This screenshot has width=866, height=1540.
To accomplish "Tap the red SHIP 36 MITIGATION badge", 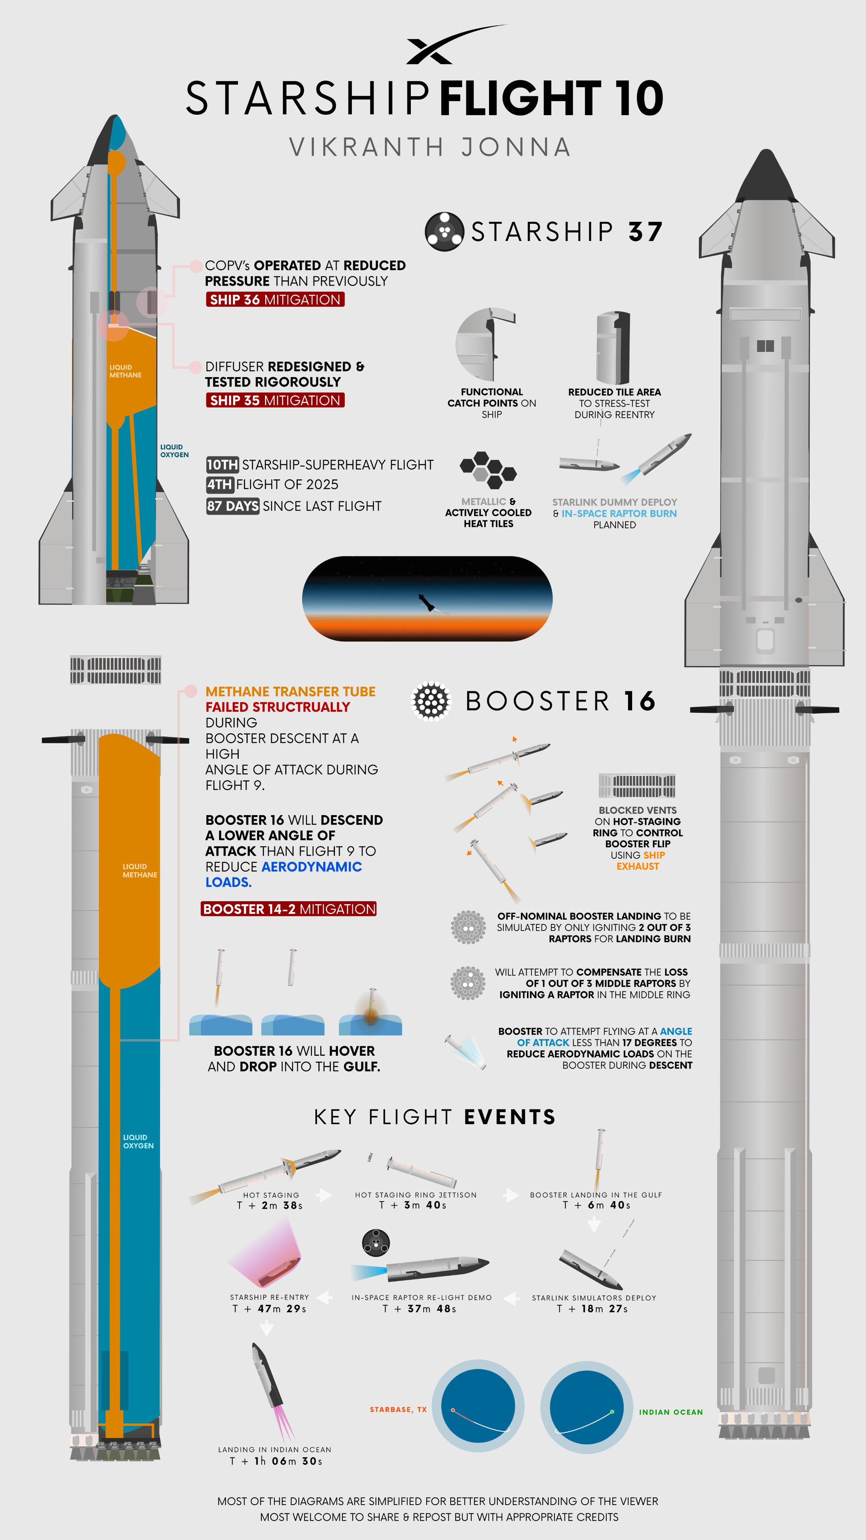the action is pos(275,300).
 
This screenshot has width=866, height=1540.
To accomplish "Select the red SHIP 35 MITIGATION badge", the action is pos(275,400).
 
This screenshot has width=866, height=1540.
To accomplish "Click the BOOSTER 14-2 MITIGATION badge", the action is pos(289,909).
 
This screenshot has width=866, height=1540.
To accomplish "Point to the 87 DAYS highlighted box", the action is pos(233,506).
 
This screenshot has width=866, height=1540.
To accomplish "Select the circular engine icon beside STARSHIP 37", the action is pos(444,231).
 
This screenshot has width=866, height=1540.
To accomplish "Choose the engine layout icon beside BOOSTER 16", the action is pos(431,701).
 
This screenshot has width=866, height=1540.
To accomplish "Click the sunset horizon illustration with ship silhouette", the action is pos(427,599).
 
